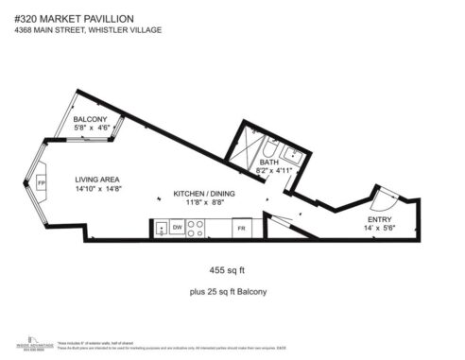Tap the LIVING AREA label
[x=97, y=179]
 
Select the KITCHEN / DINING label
[x=203, y=193]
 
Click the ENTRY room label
[x=379, y=220]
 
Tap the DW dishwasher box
[x=176, y=229]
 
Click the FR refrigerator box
[x=241, y=229]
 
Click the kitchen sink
[x=161, y=228]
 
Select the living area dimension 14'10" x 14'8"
[x=97, y=189]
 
